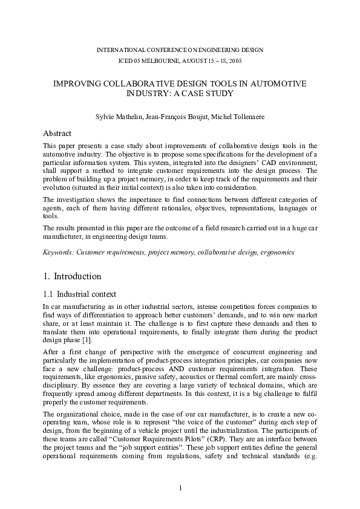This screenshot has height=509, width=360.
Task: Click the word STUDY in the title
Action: click(x=220, y=94)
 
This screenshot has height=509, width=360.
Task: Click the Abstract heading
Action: click(x=57, y=133)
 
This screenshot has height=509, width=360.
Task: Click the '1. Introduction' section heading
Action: click(x=72, y=277)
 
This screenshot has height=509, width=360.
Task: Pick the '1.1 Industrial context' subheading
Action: click(x=80, y=295)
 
